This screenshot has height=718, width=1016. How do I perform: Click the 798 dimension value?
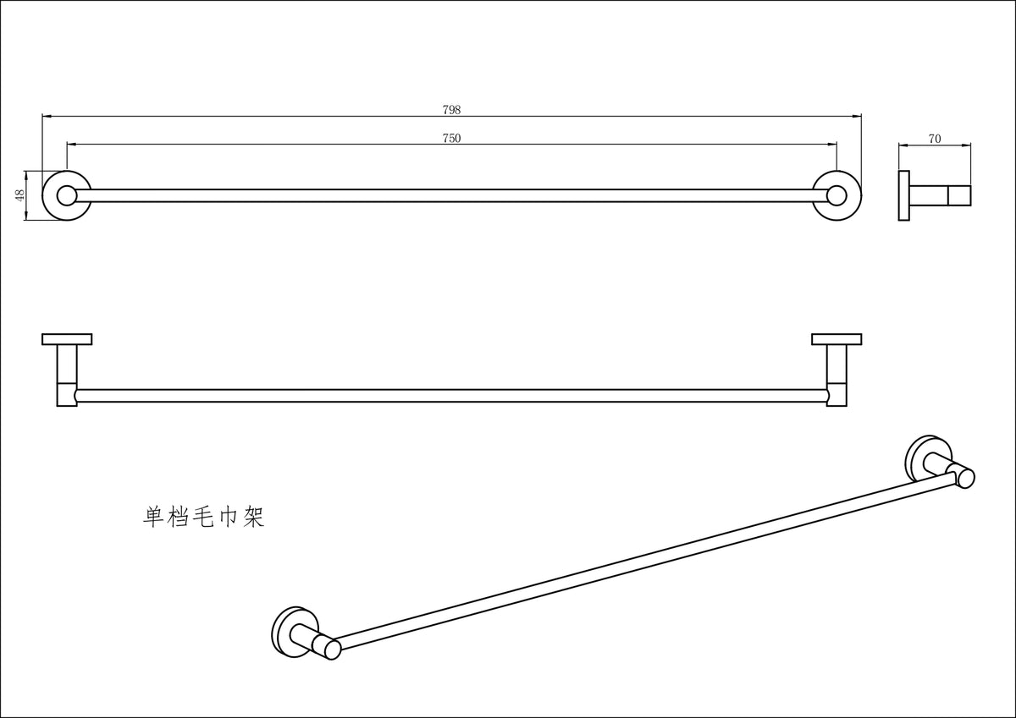click(451, 110)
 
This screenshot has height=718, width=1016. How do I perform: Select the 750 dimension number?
click(451, 138)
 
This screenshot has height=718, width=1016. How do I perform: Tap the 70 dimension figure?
click(935, 139)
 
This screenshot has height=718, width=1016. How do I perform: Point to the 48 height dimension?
click(20, 195)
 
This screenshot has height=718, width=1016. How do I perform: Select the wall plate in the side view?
click(904, 195)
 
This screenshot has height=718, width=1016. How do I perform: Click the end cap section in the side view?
click(959, 195)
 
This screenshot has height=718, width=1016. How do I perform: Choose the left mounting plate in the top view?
click(67, 339)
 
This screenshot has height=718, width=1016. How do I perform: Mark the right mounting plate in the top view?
click(837, 339)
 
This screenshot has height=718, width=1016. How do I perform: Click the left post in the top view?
click(67, 375)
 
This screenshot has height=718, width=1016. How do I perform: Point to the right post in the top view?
click(837, 375)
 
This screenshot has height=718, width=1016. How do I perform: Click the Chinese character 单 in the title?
click(154, 517)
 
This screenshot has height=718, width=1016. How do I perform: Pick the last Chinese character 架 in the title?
click(253, 517)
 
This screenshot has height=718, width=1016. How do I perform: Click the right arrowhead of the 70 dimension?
click(967, 145)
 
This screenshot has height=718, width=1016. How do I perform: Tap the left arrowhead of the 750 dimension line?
click(72, 145)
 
